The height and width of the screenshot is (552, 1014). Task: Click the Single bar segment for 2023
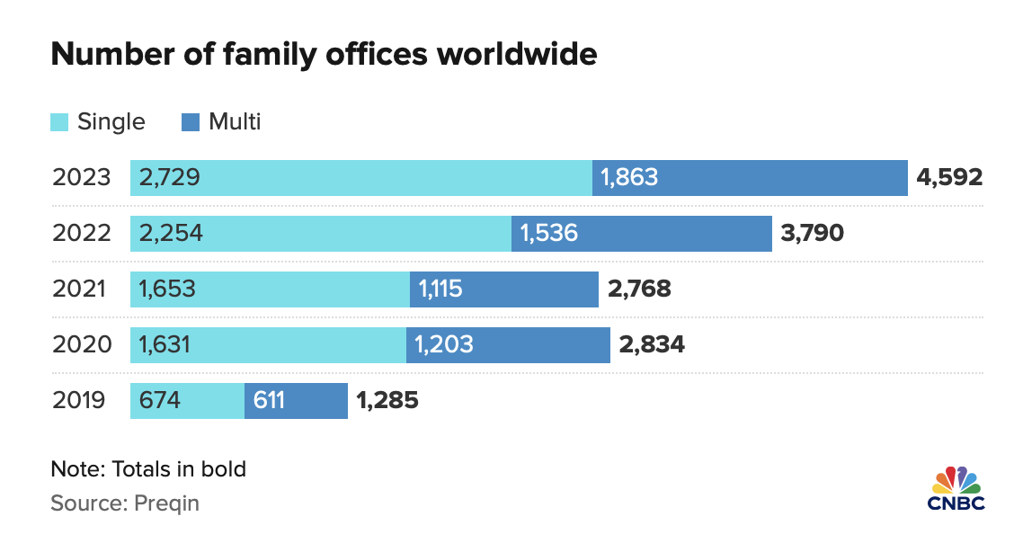[x=360, y=178]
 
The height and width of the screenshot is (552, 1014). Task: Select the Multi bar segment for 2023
[x=750, y=178]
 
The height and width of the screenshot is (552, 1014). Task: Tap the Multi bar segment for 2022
[x=642, y=234]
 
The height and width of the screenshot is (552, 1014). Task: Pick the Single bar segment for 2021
[x=270, y=289]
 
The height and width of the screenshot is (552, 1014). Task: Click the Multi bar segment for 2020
[x=508, y=344]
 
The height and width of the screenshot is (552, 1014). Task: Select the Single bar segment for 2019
[x=188, y=401]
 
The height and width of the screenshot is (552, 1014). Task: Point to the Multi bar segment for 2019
[x=296, y=401]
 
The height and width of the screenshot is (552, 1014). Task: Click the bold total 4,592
[x=949, y=177]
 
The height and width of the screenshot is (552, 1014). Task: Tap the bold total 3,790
[x=813, y=233]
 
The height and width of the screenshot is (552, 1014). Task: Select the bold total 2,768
[x=639, y=289]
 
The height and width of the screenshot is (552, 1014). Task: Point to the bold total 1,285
[x=387, y=400]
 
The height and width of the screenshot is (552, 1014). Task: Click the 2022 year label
[x=82, y=233]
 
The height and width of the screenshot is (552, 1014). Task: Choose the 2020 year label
[x=82, y=344]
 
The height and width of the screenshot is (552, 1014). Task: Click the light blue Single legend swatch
[x=59, y=122]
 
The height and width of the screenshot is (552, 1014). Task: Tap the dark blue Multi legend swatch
[x=191, y=122]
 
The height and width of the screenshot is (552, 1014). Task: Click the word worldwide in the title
[x=517, y=54]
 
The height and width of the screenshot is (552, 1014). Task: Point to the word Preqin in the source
[x=166, y=503]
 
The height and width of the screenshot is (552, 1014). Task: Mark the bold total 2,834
[x=652, y=344]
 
